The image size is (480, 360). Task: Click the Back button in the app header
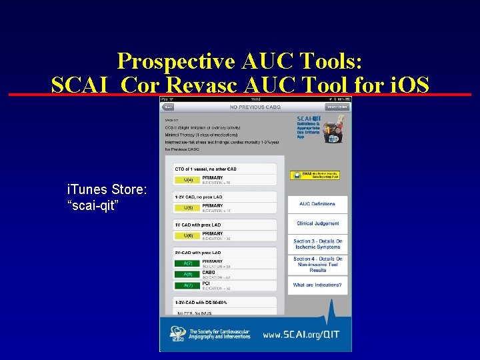(169, 107)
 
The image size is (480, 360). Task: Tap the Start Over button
(337, 107)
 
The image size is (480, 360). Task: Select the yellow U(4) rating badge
(189, 180)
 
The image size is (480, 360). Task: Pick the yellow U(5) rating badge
(189, 208)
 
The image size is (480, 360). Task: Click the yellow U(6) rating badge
(189, 236)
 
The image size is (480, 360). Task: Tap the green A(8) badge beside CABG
(189, 273)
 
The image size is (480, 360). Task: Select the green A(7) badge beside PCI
(189, 285)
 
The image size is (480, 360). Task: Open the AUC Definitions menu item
(318, 204)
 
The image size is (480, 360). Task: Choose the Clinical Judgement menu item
(318, 223)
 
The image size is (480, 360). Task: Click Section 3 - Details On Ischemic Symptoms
(318, 244)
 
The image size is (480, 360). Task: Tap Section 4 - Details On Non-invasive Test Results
(318, 265)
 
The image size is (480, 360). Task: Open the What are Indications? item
(318, 285)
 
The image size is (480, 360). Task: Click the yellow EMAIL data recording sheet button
(316, 175)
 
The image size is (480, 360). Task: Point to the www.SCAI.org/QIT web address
(307, 335)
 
